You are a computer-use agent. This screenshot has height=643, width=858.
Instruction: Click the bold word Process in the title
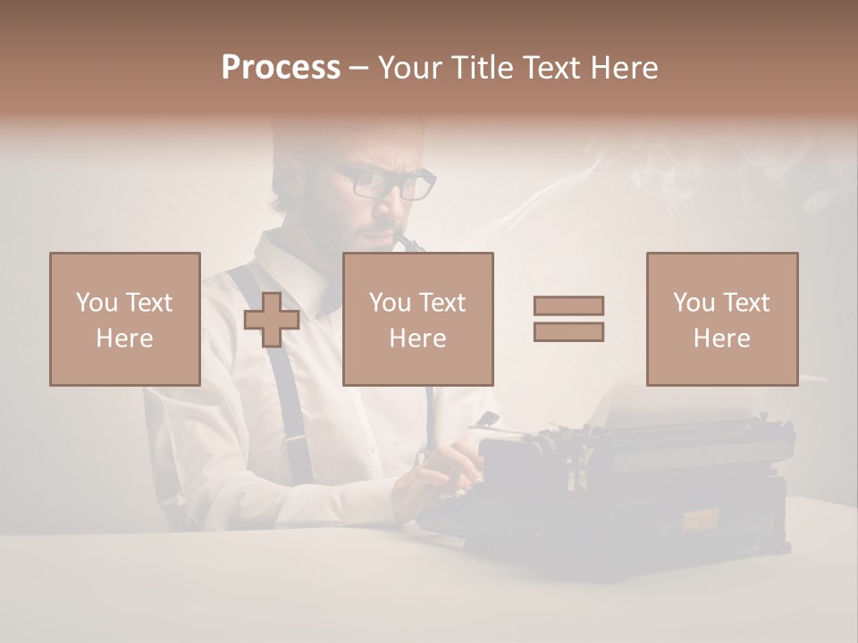[x=281, y=68]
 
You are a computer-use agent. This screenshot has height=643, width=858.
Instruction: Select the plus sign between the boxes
[x=272, y=319]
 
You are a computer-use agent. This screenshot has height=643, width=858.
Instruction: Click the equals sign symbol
[x=568, y=319]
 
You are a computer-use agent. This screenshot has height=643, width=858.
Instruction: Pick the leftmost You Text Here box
[x=125, y=319]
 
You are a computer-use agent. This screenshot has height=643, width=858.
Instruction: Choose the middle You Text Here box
[x=418, y=319]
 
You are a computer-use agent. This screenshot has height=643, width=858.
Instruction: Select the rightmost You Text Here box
[x=722, y=319]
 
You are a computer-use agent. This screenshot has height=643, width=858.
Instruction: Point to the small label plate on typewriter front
[x=702, y=518]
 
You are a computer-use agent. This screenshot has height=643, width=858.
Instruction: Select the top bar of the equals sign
[x=568, y=305]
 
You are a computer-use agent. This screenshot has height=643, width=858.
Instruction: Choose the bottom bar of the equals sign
[x=568, y=332]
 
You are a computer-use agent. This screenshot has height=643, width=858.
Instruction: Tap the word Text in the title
[x=550, y=68]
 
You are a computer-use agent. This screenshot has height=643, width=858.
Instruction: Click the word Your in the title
[x=412, y=68]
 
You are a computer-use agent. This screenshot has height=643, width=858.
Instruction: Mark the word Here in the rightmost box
[x=722, y=338]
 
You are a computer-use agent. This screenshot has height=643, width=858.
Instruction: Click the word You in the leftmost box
[x=97, y=303]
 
